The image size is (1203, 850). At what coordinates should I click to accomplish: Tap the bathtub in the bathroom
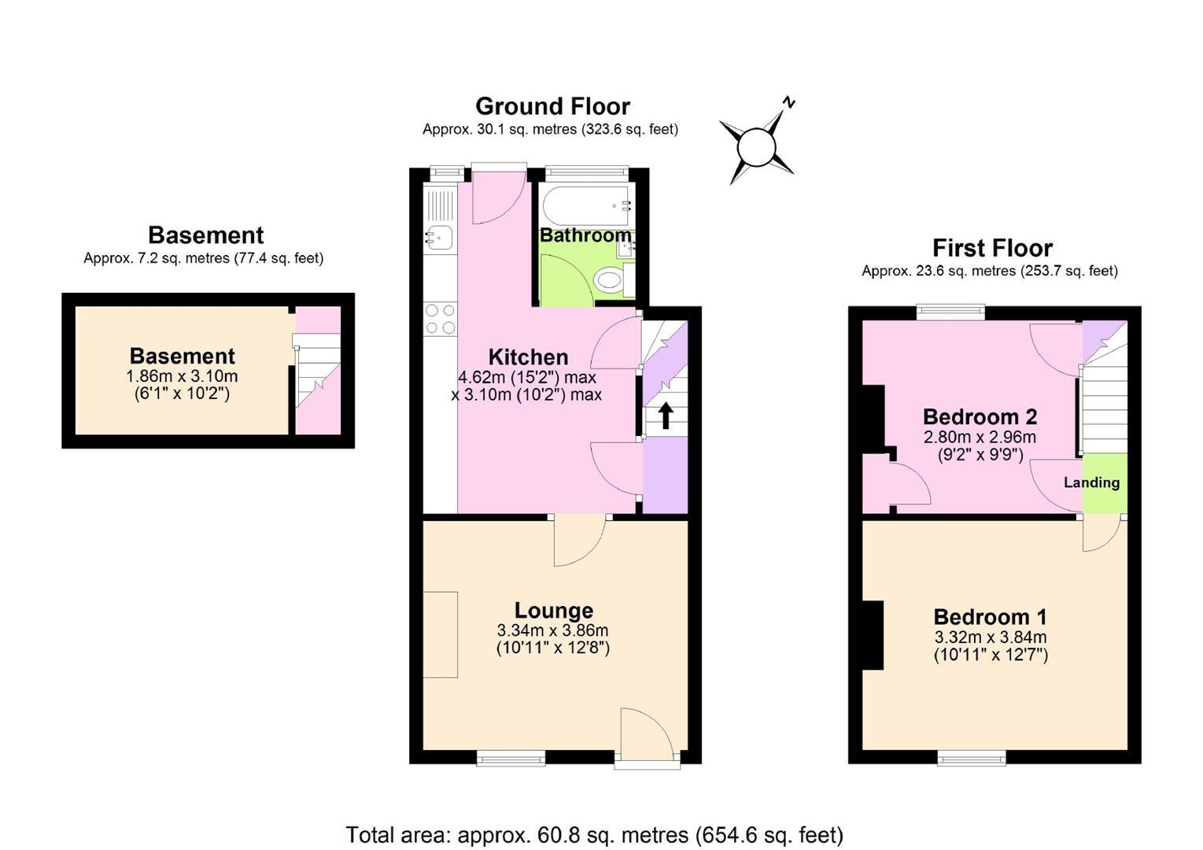(587, 205)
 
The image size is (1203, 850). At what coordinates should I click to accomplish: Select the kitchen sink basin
(439, 237)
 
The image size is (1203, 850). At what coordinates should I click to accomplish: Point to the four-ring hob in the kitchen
(440, 320)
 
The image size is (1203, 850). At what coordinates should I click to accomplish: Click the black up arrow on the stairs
(666, 416)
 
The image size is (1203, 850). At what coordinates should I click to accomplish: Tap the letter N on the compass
(788, 102)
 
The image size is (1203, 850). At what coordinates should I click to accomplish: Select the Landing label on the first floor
(1091, 482)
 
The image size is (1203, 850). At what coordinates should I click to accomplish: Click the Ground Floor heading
(552, 106)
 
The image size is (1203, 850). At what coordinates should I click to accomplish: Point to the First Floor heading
(992, 248)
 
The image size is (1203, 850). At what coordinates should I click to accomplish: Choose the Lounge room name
(554, 611)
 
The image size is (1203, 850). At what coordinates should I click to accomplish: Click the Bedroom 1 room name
(991, 617)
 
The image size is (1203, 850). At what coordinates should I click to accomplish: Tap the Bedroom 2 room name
(980, 416)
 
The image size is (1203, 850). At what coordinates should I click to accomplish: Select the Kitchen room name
(528, 357)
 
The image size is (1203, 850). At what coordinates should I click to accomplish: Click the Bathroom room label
(585, 235)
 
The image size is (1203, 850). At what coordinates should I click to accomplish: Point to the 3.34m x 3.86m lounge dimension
(552, 630)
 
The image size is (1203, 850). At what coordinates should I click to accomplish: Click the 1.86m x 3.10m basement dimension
(182, 375)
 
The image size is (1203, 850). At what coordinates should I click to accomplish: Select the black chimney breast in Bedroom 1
(873, 635)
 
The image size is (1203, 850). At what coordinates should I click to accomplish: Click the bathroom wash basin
(625, 247)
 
